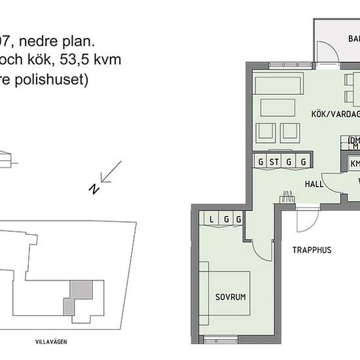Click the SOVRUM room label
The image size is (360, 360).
230,297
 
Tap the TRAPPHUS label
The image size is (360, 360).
312,249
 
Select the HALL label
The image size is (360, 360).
315,185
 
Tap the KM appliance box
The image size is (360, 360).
355,164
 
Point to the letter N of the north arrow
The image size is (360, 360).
94,189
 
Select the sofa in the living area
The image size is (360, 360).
278,86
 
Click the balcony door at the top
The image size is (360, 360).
327,52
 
